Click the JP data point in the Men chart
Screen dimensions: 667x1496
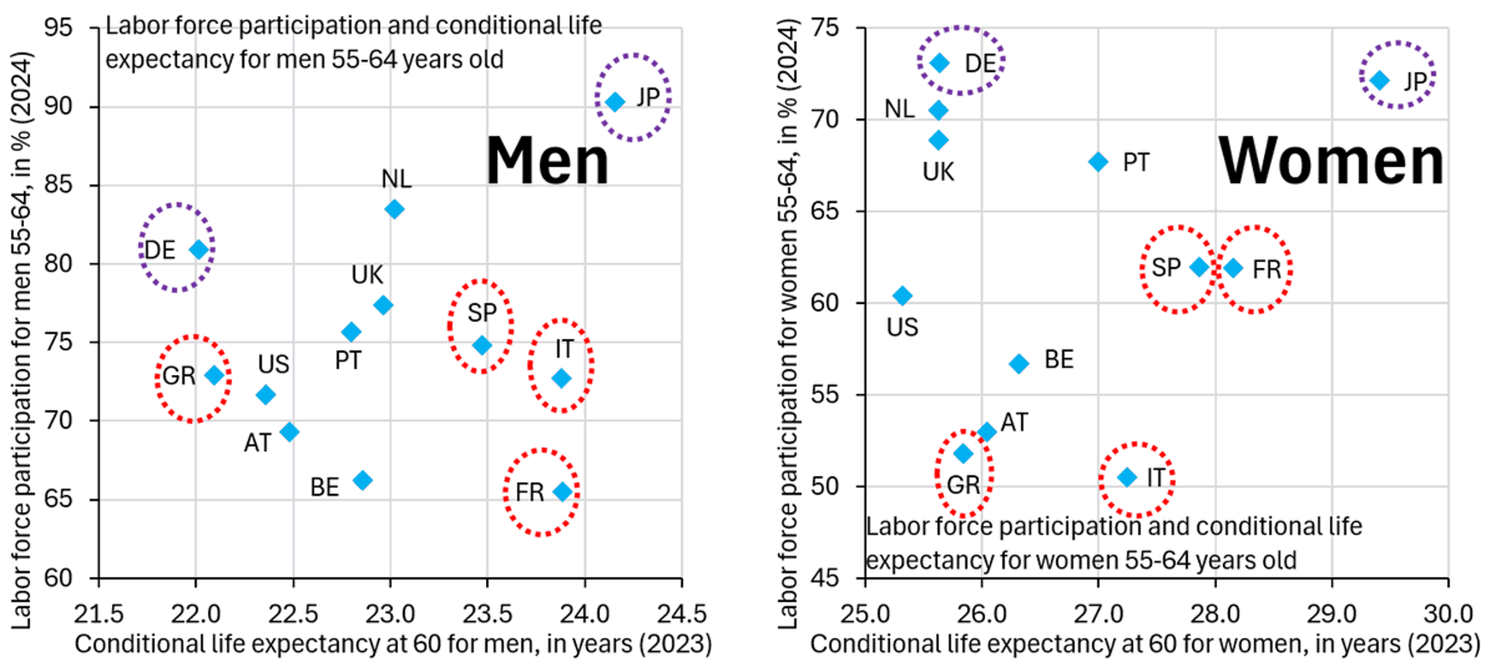point(615,102)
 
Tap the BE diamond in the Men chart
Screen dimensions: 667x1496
point(362,480)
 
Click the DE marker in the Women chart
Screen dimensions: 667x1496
point(940,63)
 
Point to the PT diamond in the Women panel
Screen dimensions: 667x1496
point(1097,162)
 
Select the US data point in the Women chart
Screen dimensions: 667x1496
point(902,295)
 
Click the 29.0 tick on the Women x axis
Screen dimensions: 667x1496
point(1331,614)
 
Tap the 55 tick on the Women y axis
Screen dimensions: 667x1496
point(825,395)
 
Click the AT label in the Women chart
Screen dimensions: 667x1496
point(1014,422)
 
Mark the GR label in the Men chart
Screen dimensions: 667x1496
point(179,376)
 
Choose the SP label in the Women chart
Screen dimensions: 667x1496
point(1166,267)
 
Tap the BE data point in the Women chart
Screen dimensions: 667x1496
point(1019,364)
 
